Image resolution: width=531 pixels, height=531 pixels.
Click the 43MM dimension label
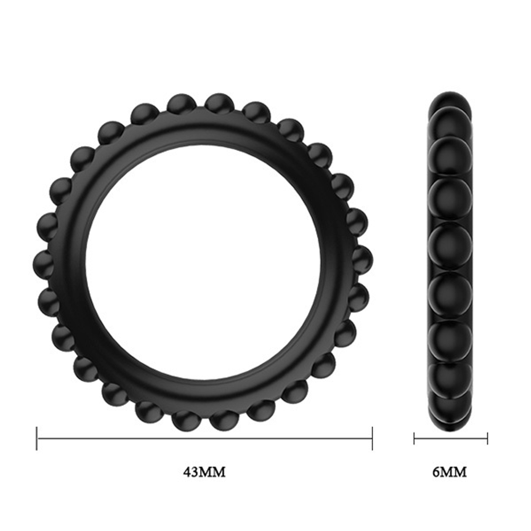pyautogui.click(x=204, y=472)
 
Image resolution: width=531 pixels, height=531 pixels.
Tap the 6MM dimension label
pyautogui.click(x=450, y=472)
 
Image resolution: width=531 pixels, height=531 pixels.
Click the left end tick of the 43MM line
pyautogui.click(x=37, y=439)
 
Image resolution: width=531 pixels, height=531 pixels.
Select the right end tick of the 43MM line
pyautogui.click(x=372, y=439)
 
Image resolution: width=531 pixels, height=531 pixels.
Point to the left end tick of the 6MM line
pyautogui.click(x=414, y=439)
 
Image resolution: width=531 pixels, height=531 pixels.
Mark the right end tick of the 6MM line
pyautogui.click(x=487, y=439)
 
